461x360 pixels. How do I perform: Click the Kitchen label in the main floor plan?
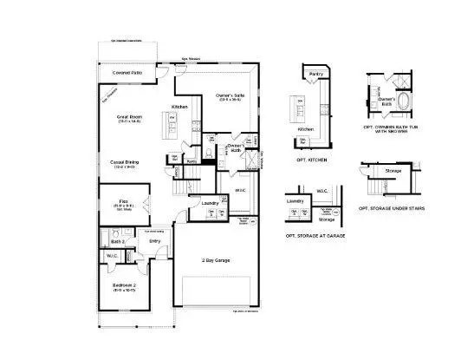click(179, 106)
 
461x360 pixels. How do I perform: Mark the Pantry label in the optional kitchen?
click(316, 75)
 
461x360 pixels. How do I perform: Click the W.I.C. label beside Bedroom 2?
click(112, 256)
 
